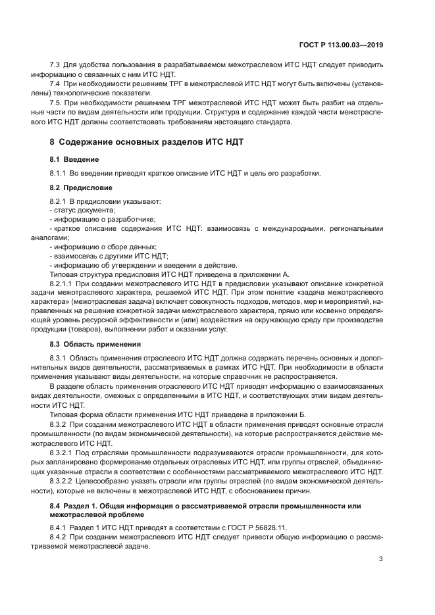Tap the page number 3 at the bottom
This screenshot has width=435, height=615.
click(381, 559)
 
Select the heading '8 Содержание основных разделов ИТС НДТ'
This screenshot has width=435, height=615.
click(148, 143)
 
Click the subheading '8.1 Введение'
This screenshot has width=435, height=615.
click(74, 160)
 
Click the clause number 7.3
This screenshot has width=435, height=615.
click(55, 65)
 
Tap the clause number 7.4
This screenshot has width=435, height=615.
click(55, 84)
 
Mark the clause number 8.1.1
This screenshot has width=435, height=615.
click(59, 174)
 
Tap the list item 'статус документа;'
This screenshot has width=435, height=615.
click(82, 209)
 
